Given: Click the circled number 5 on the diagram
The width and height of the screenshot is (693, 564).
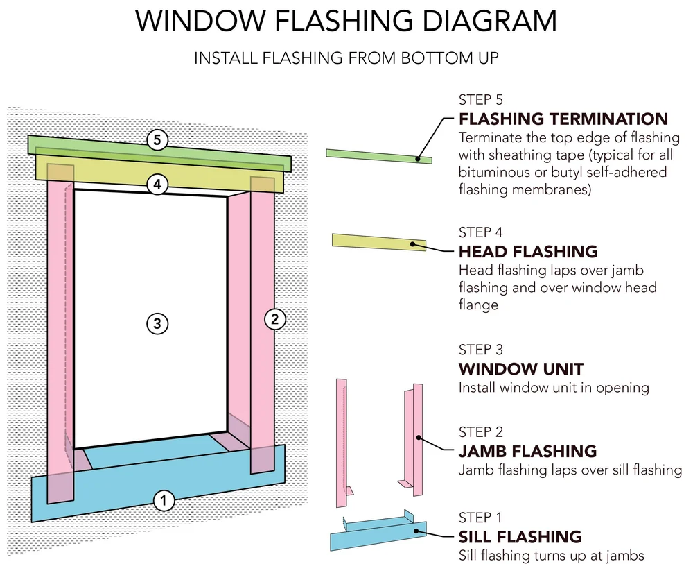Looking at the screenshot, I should coord(157,140).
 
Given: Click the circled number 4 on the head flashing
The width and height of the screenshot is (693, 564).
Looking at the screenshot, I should coord(157,185).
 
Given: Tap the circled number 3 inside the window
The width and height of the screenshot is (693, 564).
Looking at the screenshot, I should coord(157,323).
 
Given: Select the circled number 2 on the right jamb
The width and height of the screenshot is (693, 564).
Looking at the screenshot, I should coord(275,319).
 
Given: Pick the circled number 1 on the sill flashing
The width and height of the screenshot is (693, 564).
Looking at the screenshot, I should coord(163,499).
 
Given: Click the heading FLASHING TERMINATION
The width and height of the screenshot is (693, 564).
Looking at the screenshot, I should coord(563,119).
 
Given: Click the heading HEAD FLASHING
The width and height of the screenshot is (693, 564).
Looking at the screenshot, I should coord(527,251).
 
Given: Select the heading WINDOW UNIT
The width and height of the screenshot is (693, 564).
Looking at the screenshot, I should coord(520,368).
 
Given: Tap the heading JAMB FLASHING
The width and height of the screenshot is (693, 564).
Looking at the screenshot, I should coord(527,451).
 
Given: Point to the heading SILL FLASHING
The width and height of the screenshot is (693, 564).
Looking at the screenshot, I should coord(520,536).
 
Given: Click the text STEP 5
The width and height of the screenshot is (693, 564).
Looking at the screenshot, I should coord(481,99).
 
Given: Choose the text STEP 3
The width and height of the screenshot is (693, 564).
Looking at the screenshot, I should coord(481,350).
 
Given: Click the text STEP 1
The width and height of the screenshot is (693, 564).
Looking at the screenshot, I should coord(481,518).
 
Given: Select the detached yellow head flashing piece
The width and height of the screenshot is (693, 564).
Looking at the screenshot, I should coord(378,241).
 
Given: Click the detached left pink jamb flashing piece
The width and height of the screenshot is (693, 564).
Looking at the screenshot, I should coord(341,444).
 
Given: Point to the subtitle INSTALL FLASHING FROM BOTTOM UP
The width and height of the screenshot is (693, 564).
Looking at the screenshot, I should coord(346,58).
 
